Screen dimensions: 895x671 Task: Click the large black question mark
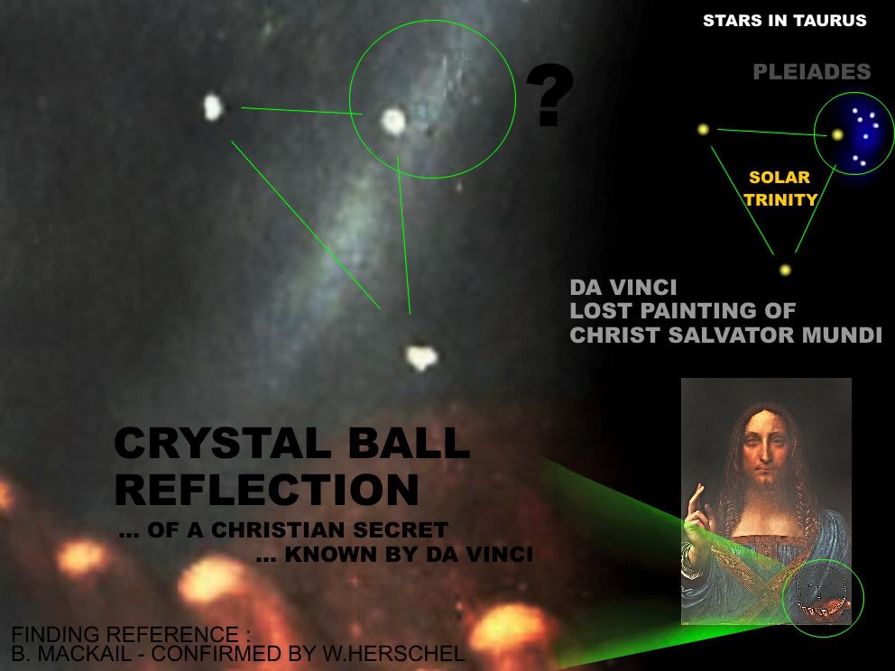pyautogui.click(x=549, y=94)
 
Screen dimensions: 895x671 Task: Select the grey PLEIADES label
pyautogui.click(x=812, y=72)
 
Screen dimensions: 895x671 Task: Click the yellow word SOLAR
pyautogui.click(x=780, y=178)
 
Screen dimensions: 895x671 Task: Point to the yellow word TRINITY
pyautogui.click(x=780, y=199)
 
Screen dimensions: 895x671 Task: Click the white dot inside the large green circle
pyautogui.click(x=393, y=121)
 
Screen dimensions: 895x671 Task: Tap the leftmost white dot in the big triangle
pyautogui.click(x=213, y=107)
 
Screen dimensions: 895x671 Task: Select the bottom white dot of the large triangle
pyautogui.click(x=421, y=356)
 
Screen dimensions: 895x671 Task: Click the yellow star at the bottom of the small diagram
pyautogui.click(x=786, y=270)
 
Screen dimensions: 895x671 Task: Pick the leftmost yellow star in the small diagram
pyautogui.click(x=703, y=130)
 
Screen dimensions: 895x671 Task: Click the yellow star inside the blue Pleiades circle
pyautogui.click(x=837, y=135)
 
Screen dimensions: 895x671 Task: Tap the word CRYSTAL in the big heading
pyautogui.click(x=222, y=443)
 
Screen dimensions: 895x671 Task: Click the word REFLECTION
pyautogui.click(x=267, y=490)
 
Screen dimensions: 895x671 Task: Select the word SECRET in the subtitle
pyautogui.click(x=400, y=530)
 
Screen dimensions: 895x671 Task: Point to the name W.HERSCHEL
pyautogui.click(x=393, y=653)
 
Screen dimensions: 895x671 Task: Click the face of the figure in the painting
pyautogui.click(x=766, y=451)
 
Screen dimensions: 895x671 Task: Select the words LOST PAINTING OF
pyautogui.click(x=683, y=311)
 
